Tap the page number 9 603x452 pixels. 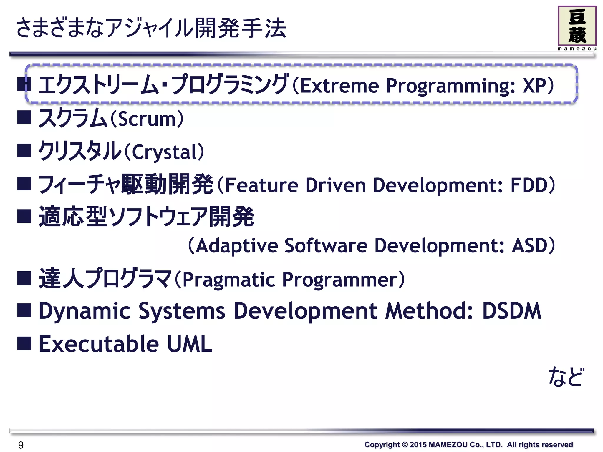pyautogui.click(x=21, y=445)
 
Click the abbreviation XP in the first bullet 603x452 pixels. pyautogui.click(x=534, y=86)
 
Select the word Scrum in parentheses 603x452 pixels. pyautogui.click(x=147, y=119)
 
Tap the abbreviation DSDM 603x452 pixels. pyautogui.click(x=511, y=311)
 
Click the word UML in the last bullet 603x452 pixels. pyautogui.click(x=190, y=344)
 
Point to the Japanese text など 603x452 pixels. pyautogui.click(x=565, y=377)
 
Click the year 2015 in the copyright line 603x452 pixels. pyautogui.click(x=418, y=445)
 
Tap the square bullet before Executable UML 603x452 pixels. pyautogui.click(x=24, y=343)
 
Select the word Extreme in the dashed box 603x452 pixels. pyautogui.click(x=339, y=86)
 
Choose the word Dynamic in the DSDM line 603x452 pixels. pyautogui.click(x=85, y=311)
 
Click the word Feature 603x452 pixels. pyautogui.click(x=262, y=185)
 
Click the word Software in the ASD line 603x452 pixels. pyautogui.click(x=326, y=246)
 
